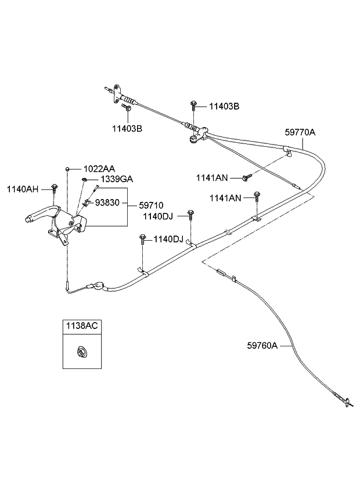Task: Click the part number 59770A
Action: pos(300,132)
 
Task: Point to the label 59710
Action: pos(150,205)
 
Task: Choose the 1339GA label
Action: pos(116,179)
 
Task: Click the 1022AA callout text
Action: pos(99,168)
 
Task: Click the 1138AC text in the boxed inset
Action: pos(80,326)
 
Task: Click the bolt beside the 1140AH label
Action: pos(54,187)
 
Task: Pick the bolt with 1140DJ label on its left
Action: pos(190,214)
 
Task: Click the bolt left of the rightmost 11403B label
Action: pos(193,106)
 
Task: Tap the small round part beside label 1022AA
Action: pos(68,168)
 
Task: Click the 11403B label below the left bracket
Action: pos(127,128)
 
